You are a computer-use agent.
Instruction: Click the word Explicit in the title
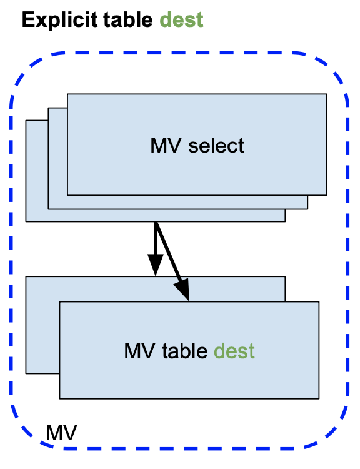pos(60,21)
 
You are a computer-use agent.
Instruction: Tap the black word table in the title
pos(128,20)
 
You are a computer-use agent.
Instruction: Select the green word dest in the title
pos(181,20)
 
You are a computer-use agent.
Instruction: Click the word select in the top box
pos(216,146)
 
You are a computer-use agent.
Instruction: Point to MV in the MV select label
pos(166,146)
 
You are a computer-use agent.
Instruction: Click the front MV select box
pos(197,144)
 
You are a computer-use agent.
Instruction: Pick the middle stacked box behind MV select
pos(57,159)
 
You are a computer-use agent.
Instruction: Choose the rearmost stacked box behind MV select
pos(36,171)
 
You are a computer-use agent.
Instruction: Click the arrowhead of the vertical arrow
pos(156,265)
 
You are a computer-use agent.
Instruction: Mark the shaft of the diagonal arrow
pos(168,253)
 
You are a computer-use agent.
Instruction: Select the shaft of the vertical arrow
pos(156,238)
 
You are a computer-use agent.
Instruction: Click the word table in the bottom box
pos(185,351)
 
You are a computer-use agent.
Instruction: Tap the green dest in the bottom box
pos(234,351)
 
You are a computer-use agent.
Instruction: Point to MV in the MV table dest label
pos(139,351)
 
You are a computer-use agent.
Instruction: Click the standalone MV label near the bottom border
pos(62,433)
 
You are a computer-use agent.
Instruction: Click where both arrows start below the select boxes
pos(156,222)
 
